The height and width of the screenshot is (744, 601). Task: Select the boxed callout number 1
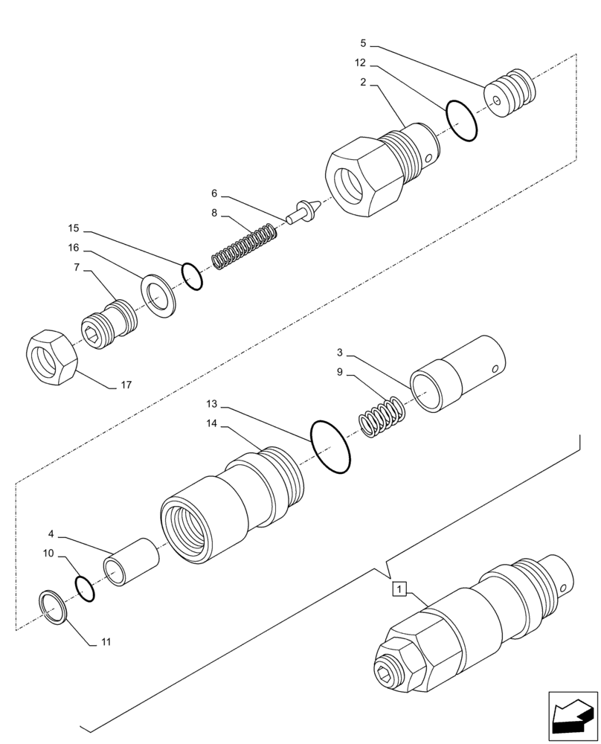[x=399, y=590]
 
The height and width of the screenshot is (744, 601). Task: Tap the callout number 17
[x=126, y=385]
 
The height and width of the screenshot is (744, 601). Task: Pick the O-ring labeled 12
[x=461, y=119]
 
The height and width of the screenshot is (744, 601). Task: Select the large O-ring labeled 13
[x=331, y=446]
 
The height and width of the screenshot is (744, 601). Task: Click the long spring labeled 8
[x=245, y=248]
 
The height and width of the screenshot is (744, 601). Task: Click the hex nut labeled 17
[x=53, y=359]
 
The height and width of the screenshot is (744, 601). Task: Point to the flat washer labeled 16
[x=158, y=298]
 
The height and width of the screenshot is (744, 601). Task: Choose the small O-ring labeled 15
[x=192, y=276]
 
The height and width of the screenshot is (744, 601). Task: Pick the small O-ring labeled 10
[x=86, y=588]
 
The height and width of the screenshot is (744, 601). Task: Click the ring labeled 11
[x=54, y=606]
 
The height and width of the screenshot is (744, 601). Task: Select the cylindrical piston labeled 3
[x=457, y=373]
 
